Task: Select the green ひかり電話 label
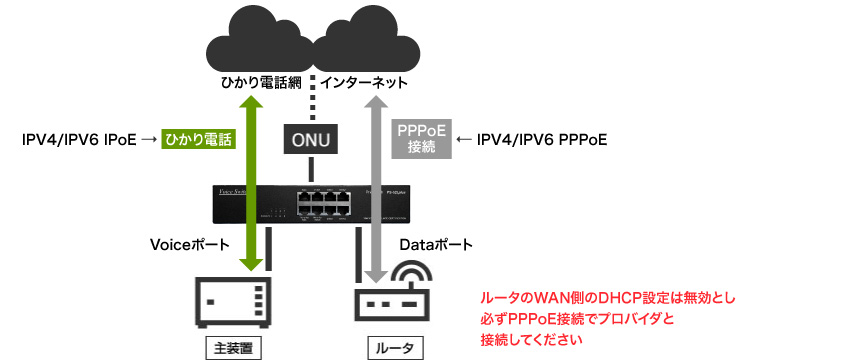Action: (x=198, y=140)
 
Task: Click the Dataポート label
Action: (x=436, y=243)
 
